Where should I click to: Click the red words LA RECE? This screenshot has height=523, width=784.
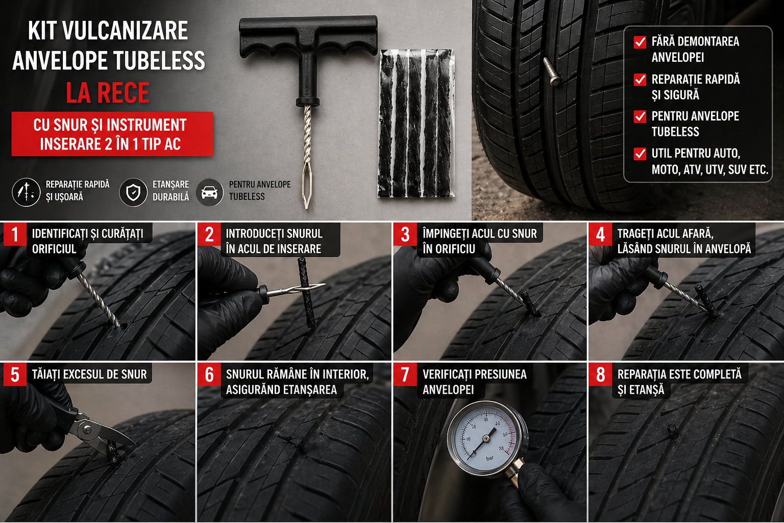tap(108, 93)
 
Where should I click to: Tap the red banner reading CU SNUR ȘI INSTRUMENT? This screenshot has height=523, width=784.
tap(112, 134)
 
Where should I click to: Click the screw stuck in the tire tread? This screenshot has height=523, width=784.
tap(552, 72)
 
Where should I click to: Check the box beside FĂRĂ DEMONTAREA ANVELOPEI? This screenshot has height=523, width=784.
tap(640, 42)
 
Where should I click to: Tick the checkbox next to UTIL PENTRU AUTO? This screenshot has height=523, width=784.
tap(640, 154)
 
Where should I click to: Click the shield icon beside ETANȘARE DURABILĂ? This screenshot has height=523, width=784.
tap(133, 193)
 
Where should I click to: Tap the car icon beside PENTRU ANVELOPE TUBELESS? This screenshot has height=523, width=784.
tap(210, 193)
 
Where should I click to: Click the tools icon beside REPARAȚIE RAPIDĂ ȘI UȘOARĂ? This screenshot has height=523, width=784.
tap(26, 193)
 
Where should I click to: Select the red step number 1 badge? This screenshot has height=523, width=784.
tap(15, 234)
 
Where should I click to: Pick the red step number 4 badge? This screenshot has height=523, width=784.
tap(600, 234)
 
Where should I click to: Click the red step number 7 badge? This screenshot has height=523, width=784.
tap(405, 374)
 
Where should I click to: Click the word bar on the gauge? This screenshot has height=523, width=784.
tap(489, 458)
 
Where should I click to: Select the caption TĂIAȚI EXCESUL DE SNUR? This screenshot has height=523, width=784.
tap(89, 374)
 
